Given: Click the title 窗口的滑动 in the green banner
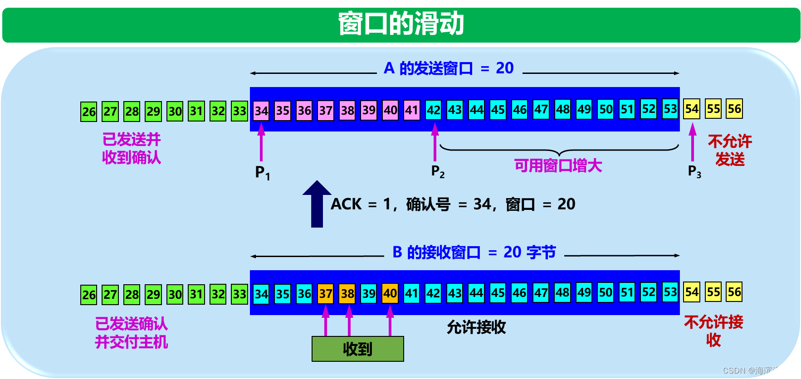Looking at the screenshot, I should pyautogui.click(x=401, y=24).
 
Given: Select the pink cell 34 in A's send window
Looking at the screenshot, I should pyautogui.click(x=261, y=110).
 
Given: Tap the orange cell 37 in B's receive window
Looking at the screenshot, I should pyautogui.click(x=326, y=294).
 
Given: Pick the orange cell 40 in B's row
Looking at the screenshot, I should pyautogui.click(x=390, y=293).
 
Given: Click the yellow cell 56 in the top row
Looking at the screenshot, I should pyautogui.click(x=734, y=109).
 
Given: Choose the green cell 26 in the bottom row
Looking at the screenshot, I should pyautogui.click(x=89, y=295).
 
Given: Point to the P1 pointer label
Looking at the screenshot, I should pyautogui.click(x=262, y=172).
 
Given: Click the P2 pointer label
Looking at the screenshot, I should pyautogui.click(x=438, y=171).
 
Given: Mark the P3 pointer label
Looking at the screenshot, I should pyautogui.click(x=694, y=171).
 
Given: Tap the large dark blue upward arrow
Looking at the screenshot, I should pyautogui.click(x=317, y=204).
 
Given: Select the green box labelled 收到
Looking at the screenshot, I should pyautogui.click(x=357, y=349).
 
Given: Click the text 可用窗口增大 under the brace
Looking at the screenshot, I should pyautogui.click(x=558, y=166).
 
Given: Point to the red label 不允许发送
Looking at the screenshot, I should pyautogui.click(x=730, y=151).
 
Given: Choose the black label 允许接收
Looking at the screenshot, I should pyautogui.click(x=476, y=327).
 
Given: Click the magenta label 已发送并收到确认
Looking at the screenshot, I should pyautogui.click(x=132, y=148).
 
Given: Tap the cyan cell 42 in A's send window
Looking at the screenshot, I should pyautogui.click(x=433, y=110).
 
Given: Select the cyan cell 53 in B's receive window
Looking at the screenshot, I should pyautogui.click(x=670, y=292).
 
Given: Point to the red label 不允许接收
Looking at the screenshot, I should pyautogui.click(x=713, y=331).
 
